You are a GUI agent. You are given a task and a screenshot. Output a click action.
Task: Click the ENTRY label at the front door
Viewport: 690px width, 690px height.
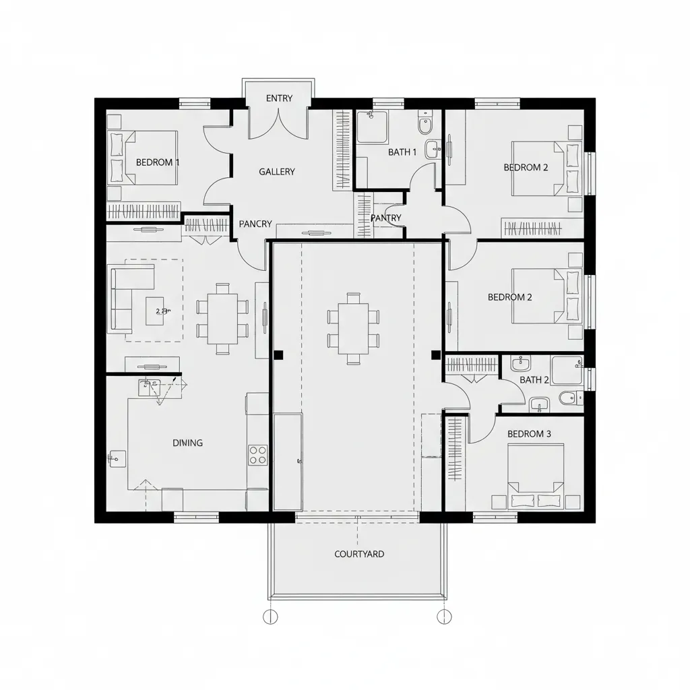tap(279, 98)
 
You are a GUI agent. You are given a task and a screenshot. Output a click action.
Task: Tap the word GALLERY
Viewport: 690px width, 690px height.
tap(277, 172)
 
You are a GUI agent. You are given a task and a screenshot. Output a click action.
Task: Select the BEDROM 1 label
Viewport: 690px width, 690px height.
tap(158, 162)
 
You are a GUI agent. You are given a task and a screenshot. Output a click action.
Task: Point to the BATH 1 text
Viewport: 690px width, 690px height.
tap(402, 152)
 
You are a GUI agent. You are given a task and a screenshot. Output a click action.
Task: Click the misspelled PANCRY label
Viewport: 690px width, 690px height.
tap(255, 224)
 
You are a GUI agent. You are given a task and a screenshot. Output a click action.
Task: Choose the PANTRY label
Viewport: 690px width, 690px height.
tap(386, 218)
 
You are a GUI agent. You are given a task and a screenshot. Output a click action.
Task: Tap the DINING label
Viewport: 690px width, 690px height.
tap(187, 443)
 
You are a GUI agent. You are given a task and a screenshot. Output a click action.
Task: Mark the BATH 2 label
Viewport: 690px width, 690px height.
tap(534, 380)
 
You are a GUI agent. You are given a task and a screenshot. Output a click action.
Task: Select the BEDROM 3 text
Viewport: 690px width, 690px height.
tap(529, 434)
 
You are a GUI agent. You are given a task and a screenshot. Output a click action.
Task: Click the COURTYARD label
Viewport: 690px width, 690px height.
tap(359, 554)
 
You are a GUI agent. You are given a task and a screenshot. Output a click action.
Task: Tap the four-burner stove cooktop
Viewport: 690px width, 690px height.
tap(258, 456)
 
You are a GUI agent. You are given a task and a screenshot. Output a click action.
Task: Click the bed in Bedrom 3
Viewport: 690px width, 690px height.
tap(536, 476)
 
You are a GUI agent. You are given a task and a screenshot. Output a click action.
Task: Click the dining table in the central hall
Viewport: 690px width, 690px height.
tap(353, 328)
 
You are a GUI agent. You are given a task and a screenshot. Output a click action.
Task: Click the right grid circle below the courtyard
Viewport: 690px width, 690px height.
tap(444, 616)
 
